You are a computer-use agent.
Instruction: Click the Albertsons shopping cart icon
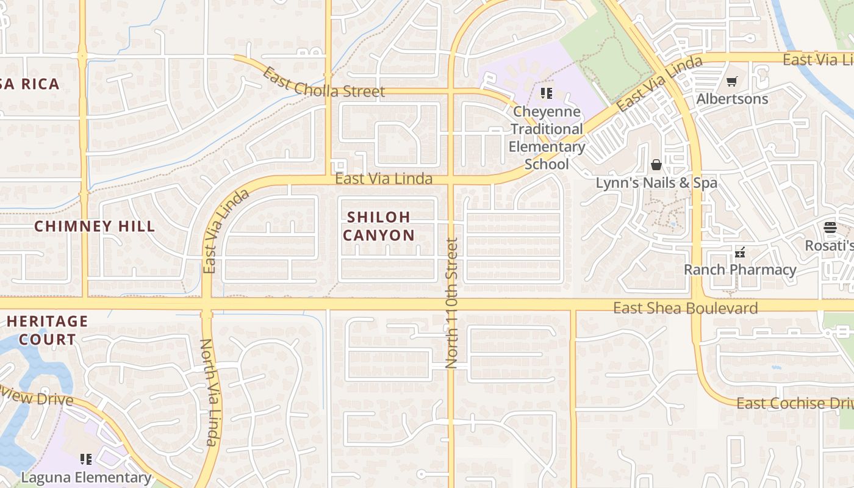(732, 81)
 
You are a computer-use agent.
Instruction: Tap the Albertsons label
(732, 99)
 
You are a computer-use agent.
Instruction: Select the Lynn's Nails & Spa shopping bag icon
(656, 165)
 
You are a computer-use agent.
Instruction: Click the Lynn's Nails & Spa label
(656, 183)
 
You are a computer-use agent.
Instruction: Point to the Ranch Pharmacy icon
(740, 252)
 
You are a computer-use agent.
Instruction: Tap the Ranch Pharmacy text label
(740, 270)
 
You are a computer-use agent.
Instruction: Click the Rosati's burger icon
(830, 228)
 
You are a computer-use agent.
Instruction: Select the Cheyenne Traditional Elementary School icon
(546, 93)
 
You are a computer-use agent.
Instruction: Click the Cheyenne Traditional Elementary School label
(547, 138)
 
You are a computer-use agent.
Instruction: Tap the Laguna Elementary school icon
(86, 459)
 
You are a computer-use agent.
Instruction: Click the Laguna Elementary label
(86, 477)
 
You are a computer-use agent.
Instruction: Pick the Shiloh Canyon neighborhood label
(378, 226)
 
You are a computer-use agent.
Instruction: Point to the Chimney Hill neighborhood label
(95, 226)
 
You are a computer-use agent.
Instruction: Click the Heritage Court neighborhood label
(47, 330)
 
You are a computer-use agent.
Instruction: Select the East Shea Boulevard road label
(685, 308)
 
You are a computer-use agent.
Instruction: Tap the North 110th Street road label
(451, 303)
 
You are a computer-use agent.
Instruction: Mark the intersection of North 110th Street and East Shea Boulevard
(451, 304)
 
